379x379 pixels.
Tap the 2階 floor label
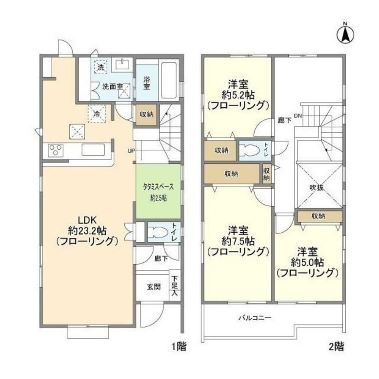[x=336, y=346]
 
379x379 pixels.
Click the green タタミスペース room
[x=158, y=191]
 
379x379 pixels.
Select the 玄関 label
[x=153, y=287]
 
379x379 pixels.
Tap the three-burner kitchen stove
[x=55, y=150]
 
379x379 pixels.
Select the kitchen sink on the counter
[x=93, y=150]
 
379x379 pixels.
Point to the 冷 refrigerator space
[x=97, y=113]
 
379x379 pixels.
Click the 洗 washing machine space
[x=100, y=67]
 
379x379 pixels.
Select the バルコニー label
[x=255, y=318]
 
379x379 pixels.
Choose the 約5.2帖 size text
[x=238, y=94]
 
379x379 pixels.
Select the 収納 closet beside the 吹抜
[x=319, y=216]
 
